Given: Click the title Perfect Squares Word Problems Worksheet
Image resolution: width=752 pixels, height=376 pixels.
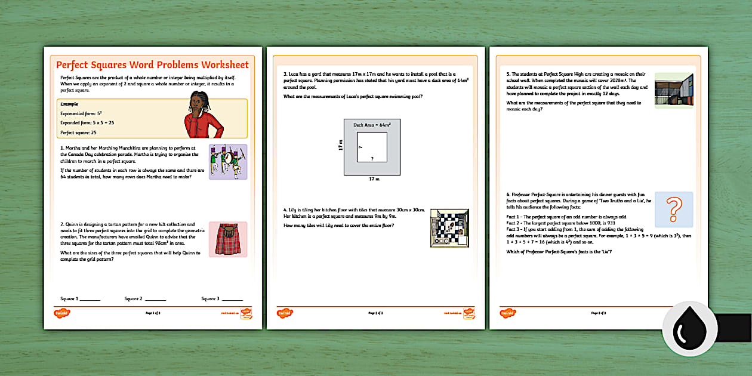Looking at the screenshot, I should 152,64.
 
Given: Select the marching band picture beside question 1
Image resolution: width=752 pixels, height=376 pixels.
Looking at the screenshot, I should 227,162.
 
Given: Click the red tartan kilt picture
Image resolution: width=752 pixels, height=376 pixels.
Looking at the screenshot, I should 227,239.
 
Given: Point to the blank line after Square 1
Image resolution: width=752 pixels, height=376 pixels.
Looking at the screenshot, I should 90,300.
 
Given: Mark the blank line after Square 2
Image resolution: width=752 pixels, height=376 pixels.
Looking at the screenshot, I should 155,300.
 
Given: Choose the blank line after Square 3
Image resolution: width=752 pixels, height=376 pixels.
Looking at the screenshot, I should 232,300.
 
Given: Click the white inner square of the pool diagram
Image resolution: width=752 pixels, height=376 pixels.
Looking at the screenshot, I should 372,147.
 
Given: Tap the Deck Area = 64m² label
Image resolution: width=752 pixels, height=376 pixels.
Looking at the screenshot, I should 372,125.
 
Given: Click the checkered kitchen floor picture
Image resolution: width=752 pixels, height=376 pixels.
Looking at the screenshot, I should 449,228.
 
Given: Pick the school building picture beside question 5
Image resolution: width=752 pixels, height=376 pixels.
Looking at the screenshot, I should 674,90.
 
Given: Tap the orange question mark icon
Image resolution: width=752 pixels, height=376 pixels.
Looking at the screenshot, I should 674,209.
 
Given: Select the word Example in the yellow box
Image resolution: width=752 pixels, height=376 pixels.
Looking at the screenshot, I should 69,103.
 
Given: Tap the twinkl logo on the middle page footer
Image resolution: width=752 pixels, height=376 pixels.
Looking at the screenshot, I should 284,312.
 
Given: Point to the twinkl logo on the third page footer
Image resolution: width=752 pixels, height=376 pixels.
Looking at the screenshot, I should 507,312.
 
